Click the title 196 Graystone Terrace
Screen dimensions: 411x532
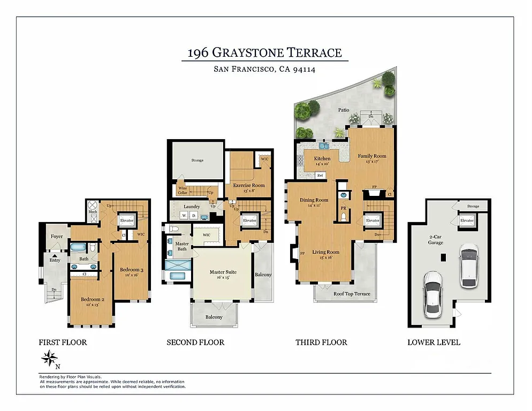[x=264, y=53]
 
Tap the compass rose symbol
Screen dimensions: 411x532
[x=51, y=357]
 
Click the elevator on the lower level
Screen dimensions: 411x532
[x=467, y=220]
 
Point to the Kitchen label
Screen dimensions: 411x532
[x=322, y=158]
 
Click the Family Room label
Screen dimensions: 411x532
[x=372, y=156]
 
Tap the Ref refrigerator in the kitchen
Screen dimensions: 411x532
[x=320, y=175]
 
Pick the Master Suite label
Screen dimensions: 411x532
[x=223, y=272]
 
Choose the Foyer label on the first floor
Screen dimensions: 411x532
[x=57, y=236]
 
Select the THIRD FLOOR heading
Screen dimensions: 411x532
[x=321, y=342]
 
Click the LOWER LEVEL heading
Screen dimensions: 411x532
[x=434, y=342]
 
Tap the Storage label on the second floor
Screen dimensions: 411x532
[x=197, y=160]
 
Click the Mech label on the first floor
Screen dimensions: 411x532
[x=93, y=212]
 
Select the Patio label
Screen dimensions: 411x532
[x=343, y=110]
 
